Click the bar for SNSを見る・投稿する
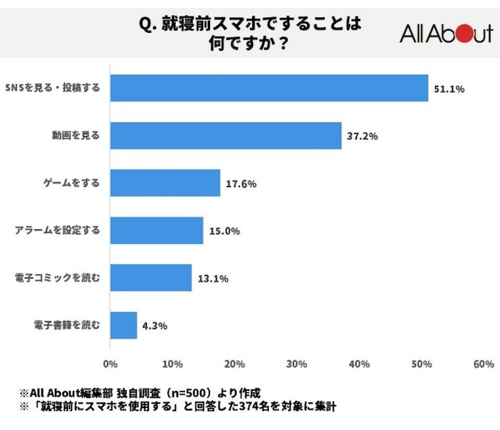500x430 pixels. click(270, 88)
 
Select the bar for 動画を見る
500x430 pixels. click(226, 136)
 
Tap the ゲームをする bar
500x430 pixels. click(165, 183)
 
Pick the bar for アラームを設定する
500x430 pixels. click(156, 231)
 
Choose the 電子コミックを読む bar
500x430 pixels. click(151, 278)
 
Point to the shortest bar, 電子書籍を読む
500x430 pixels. click(123, 325)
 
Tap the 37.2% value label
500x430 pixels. click(362, 136)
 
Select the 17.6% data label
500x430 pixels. click(241, 184)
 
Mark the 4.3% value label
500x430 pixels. click(155, 325)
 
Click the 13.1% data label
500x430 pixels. click(212, 278)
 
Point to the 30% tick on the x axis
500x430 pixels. click(297, 364)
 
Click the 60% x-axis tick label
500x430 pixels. click(484, 364)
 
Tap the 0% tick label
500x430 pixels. click(110, 364)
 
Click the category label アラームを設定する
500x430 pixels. click(58, 231)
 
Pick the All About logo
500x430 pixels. click(446, 34)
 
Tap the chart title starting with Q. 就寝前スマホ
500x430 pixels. click(250, 34)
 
